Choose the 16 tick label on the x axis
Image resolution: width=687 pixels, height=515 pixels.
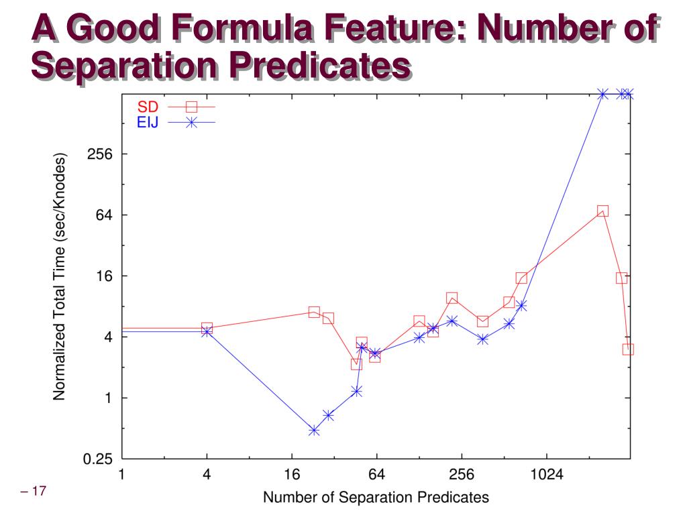click(x=292, y=475)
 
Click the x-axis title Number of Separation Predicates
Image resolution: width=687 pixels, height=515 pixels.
click(x=376, y=498)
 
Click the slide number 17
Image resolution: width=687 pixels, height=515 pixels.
click(x=34, y=493)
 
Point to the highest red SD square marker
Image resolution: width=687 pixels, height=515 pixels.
click(x=602, y=211)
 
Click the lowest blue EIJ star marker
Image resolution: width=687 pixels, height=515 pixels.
click(x=314, y=431)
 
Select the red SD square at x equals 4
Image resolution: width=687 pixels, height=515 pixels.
click(x=207, y=328)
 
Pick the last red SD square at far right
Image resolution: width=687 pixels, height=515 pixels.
click(x=628, y=349)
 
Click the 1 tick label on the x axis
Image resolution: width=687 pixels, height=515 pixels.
click(x=121, y=475)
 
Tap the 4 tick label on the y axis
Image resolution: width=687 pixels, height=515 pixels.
click(x=107, y=337)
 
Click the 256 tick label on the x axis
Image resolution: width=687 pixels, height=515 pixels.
click(x=462, y=475)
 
